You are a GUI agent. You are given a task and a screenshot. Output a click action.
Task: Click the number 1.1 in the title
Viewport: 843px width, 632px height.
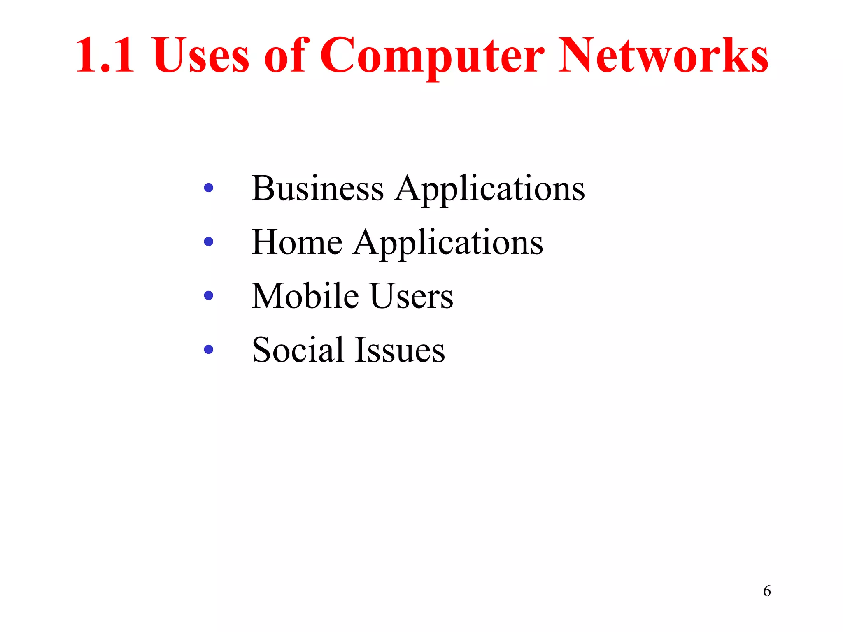pos(105,56)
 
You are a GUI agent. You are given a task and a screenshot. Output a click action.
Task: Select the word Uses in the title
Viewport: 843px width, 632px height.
pos(201,56)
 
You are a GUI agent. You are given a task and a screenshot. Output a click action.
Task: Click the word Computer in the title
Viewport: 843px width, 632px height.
pos(432,56)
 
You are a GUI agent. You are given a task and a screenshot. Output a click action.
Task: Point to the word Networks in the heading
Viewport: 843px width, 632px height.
pos(663,56)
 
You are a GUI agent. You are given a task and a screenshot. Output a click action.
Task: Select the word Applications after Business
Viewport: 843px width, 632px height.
pos(490,189)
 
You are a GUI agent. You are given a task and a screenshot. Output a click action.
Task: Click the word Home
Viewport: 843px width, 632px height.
pos(296,242)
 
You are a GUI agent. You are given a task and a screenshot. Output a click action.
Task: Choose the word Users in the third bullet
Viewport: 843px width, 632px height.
pos(412,296)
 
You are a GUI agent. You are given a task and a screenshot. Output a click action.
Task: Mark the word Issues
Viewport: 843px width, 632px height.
pos(400,350)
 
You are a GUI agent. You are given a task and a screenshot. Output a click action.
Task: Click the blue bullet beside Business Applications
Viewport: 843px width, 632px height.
pos(209,188)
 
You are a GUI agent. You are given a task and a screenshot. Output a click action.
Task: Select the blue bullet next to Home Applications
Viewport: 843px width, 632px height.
pos(209,242)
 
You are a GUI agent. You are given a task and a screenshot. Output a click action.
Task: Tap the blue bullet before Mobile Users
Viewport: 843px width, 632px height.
pos(209,295)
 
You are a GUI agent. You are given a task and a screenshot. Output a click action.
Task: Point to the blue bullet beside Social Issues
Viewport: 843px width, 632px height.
pos(209,349)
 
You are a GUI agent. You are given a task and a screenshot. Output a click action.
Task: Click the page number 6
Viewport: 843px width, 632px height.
pos(767,591)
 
